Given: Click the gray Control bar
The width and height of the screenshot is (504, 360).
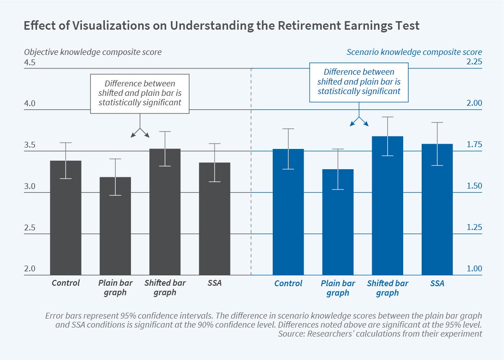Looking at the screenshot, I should pos(66,218).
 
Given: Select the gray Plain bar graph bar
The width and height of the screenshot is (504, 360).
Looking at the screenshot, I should pos(115,226).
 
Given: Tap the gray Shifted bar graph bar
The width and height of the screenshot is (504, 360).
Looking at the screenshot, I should pos(165,212).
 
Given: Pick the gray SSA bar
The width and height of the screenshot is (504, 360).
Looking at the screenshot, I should pos(215,219).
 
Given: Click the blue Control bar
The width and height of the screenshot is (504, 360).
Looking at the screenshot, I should pos(288,212).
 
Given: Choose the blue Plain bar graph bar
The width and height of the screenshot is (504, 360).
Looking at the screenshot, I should pos(338,222).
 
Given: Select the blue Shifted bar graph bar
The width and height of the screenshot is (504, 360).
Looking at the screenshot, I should pos(387,206).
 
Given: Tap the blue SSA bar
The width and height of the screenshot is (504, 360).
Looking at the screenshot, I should pos(437,210).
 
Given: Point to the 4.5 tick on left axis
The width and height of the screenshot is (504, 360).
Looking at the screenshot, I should pos(30,62).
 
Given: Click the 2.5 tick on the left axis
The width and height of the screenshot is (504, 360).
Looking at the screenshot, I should pos(30,228).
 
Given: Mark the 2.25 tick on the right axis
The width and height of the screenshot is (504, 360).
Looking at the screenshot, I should pos(473,62).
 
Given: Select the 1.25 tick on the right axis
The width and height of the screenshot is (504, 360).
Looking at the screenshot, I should pos(473,228).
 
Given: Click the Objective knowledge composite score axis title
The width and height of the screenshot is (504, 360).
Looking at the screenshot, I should pos(93,52).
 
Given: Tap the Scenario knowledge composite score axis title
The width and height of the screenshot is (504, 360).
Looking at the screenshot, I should pos(414,52).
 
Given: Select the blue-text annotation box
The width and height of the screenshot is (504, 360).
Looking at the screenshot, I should pos(359,81).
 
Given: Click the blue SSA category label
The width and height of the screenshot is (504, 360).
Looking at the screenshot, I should pos(437,283).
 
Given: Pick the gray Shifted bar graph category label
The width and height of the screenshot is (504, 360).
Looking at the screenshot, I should pos(165,288).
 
